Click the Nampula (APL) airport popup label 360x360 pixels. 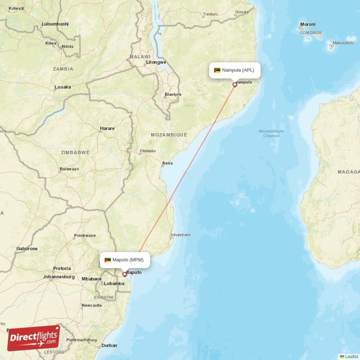[x=234, y=70]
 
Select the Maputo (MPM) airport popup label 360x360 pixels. [x=125, y=260]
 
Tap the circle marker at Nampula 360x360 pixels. [x=234, y=84]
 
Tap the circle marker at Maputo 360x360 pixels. [x=125, y=274]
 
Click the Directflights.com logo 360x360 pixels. [x=33, y=338]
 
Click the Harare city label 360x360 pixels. [x=107, y=128]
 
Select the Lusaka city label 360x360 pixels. [x=63, y=87]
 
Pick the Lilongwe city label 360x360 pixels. [x=156, y=62]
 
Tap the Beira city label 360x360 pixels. [x=167, y=163]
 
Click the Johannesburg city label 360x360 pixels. [x=58, y=277]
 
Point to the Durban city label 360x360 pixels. [x=109, y=346]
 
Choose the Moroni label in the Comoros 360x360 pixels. [x=308, y=24]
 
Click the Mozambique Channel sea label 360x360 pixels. [x=271, y=133]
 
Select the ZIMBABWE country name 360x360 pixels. [x=75, y=153]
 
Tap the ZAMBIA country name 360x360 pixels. [x=63, y=69]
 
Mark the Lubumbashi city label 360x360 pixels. [x=55, y=24]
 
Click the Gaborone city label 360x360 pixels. [x=27, y=248]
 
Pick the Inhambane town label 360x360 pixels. [x=180, y=235]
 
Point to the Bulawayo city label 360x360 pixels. [x=69, y=169]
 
